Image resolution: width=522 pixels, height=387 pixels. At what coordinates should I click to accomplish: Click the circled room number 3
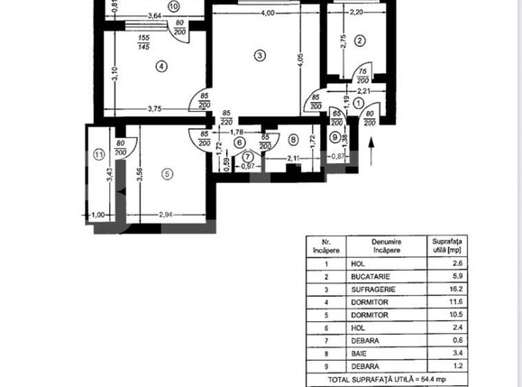point(260,56)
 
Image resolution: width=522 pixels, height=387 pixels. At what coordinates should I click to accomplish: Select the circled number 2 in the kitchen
point(359,40)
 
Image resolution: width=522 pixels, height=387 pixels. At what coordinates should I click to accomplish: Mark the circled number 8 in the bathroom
point(293,139)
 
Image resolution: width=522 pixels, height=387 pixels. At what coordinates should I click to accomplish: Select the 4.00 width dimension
point(263,14)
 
